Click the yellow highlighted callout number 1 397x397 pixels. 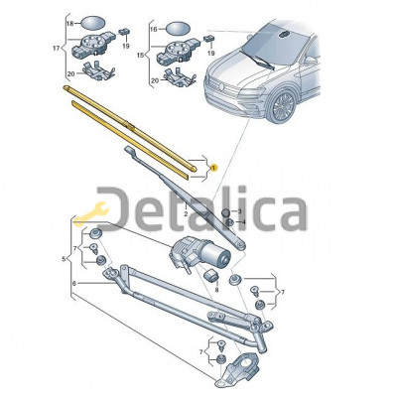[213, 168]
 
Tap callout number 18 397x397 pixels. [70, 24]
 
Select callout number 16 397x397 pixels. [153, 29]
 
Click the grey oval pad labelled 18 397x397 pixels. [92, 23]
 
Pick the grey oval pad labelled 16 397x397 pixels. [178, 29]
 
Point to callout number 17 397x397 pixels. [57, 49]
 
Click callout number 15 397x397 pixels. [141, 55]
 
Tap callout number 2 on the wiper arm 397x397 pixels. [186, 214]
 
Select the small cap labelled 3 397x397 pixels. [225, 212]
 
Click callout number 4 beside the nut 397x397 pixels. [243, 222]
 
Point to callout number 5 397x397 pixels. [64, 259]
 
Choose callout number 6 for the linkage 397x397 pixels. [74, 283]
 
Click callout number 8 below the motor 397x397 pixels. [216, 290]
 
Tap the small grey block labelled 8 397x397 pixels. [211, 275]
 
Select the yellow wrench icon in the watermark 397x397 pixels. [91, 213]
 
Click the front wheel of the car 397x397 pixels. [281, 106]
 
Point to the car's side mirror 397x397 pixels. [310, 61]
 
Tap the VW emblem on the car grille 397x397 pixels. [221, 86]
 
